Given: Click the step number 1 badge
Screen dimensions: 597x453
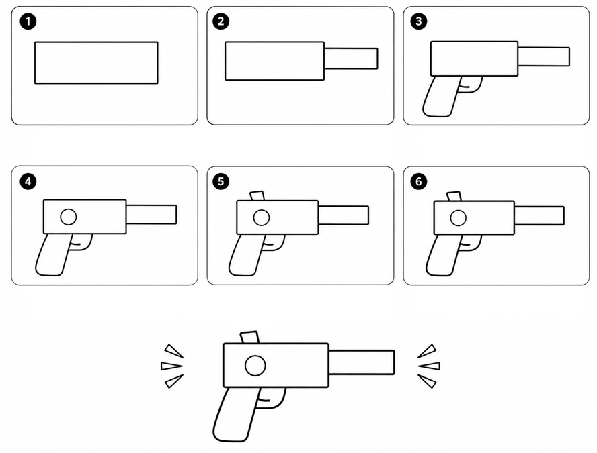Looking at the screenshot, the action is (28, 21).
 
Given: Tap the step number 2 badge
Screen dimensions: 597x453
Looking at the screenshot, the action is (221, 21).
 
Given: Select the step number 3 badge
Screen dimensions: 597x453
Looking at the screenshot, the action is (418, 21).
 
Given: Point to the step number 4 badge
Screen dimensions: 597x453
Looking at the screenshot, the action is (28, 181).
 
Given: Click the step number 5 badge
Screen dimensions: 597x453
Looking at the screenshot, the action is (221, 181).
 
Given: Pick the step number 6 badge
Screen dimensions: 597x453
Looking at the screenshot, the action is (418, 181).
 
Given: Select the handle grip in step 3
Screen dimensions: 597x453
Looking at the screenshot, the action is (440, 97).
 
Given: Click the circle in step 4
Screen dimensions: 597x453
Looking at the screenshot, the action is (69, 217).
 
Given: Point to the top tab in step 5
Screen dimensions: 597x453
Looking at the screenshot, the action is (257, 196).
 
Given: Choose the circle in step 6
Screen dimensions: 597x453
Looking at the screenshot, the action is (458, 218).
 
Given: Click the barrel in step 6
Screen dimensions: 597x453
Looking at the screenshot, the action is (539, 215).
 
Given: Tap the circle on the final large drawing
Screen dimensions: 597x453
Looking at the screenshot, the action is (255, 366).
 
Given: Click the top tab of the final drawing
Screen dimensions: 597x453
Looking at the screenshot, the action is (249, 338).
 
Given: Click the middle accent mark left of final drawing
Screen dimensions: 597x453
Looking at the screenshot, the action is (171, 366).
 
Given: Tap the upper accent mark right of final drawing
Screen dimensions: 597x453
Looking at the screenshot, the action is (428, 351).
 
